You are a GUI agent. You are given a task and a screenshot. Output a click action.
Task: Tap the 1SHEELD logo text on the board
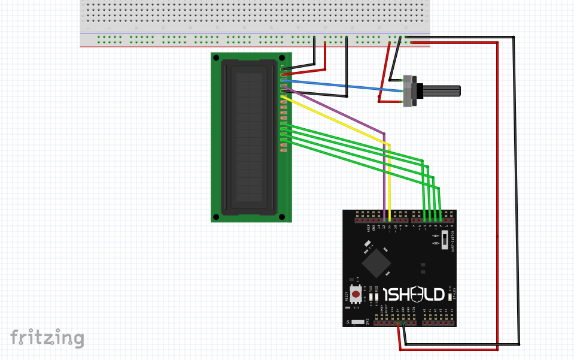tap(413, 295)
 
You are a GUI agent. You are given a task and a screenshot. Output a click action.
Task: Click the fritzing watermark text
tap(47, 338)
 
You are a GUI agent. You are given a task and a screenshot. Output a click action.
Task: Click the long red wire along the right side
tap(497, 198)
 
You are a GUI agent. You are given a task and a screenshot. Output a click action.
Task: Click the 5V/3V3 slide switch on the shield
tap(358, 322)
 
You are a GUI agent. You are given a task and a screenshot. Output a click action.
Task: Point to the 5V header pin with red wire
tap(397, 323)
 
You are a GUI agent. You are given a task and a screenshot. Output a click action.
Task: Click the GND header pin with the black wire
tap(403, 323)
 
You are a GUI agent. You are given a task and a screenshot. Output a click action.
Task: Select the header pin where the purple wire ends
tap(383, 214)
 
